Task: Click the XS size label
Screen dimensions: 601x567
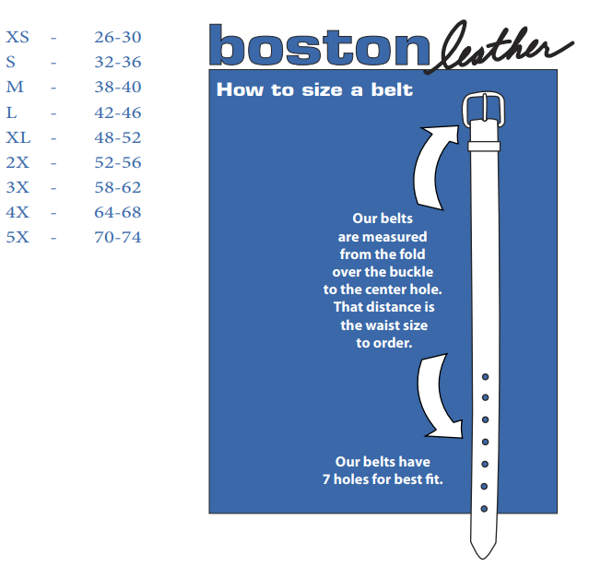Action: click(18, 37)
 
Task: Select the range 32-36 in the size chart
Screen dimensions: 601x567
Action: click(118, 62)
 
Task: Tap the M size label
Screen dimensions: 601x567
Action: click(15, 87)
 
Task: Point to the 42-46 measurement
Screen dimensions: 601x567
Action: click(118, 112)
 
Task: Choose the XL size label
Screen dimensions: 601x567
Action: click(18, 137)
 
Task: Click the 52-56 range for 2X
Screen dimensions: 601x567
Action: click(118, 162)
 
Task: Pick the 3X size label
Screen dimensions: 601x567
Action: click(18, 187)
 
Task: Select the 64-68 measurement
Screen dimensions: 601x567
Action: click(118, 212)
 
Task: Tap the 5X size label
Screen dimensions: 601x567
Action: click(18, 237)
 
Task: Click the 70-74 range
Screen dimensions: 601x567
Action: click(118, 237)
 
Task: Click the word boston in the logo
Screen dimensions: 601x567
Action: click(319, 45)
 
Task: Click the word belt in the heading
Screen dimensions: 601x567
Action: click(392, 89)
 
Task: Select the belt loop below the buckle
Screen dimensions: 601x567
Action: click(484, 146)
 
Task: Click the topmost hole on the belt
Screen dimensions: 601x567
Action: click(485, 377)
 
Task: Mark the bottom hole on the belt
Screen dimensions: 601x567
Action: click(484, 509)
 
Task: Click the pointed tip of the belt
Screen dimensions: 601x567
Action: click(483, 558)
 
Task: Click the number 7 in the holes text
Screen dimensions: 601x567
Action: click(326, 479)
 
